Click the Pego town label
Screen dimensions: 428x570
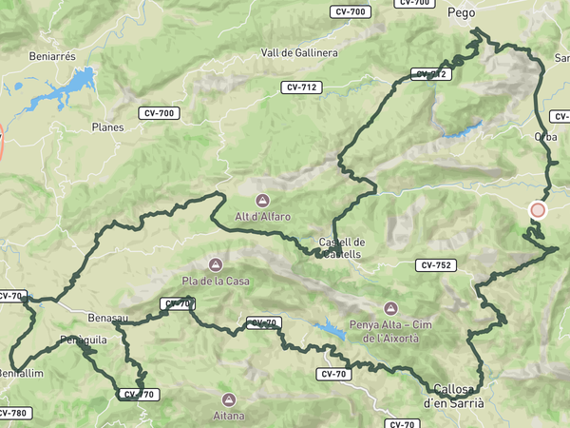click(x=461, y=13)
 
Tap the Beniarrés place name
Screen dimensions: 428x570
click(x=53, y=56)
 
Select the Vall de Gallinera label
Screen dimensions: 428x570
click(x=298, y=53)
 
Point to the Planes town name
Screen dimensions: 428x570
click(x=107, y=126)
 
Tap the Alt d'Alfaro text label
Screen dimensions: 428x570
click(x=261, y=217)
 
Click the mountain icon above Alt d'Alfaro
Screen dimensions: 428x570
click(x=262, y=201)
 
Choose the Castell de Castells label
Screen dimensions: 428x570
click(x=342, y=247)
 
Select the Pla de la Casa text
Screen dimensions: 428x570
click(x=217, y=281)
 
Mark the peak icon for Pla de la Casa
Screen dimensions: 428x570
click(x=216, y=263)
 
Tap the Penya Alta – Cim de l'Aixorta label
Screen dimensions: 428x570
click(x=390, y=331)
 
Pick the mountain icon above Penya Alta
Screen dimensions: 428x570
click(x=390, y=308)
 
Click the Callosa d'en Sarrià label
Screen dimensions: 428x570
click(x=453, y=396)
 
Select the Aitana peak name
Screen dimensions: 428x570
click(x=228, y=416)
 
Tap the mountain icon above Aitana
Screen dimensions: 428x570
click(x=228, y=399)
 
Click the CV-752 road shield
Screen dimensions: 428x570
click(x=435, y=265)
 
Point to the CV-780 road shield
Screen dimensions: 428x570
click(x=11, y=413)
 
